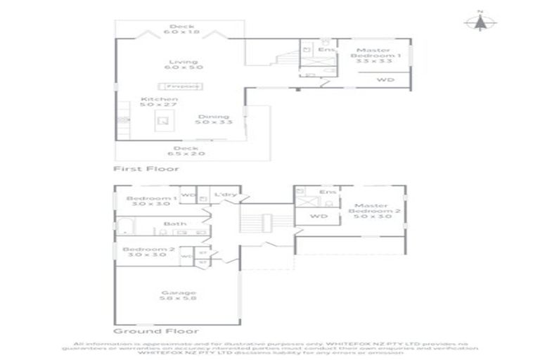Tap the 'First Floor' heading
[x=146, y=169]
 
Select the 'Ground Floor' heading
[x=155, y=330]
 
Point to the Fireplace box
[x=183, y=86]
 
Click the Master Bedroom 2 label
[x=378, y=211]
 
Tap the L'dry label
[x=225, y=193]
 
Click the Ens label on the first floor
[x=326, y=50]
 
